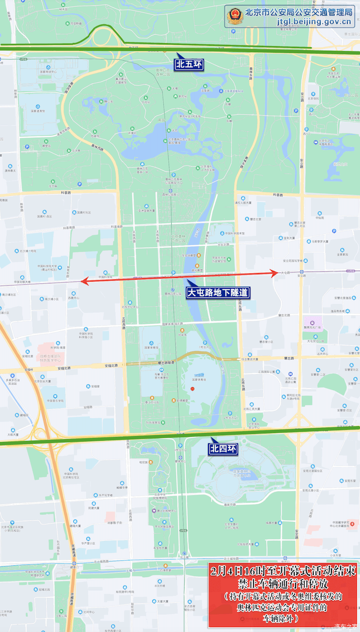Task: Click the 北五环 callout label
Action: tap(189, 64)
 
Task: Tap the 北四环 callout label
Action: tap(224, 449)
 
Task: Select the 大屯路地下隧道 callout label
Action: tap(218, 292)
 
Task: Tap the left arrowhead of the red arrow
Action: tap(84, 281)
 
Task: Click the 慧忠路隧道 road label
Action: tap(166, 362)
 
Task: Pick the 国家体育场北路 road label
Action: tap(173, 324)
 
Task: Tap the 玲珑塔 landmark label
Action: tap(182, 334)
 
